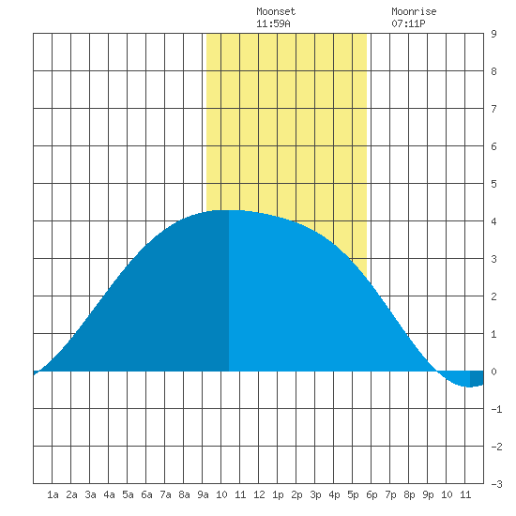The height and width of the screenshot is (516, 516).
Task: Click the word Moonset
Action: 276,11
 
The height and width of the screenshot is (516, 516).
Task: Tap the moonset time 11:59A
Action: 273,23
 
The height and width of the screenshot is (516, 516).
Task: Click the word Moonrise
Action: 414,11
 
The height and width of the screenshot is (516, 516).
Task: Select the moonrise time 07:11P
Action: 408,23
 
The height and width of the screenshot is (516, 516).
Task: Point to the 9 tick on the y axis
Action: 493,34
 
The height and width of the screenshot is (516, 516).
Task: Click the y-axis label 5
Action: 493,184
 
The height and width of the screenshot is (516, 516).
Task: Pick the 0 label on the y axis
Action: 493,372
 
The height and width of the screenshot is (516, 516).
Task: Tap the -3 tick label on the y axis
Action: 496,484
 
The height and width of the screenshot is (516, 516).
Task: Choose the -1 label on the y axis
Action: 496,409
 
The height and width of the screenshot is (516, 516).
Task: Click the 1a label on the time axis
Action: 53,494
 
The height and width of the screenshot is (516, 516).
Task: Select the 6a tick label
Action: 146,494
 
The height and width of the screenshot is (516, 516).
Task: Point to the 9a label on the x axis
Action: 203,494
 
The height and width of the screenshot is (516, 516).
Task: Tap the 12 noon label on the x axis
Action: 259,494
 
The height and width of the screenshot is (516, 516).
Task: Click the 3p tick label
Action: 315,494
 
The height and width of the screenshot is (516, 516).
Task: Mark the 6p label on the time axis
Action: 372,494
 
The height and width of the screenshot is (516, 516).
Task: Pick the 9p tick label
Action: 428,494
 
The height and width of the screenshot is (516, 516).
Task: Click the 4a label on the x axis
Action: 109,494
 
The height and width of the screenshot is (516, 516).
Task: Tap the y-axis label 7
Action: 493,109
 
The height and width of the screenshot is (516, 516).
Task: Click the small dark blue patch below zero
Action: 477,378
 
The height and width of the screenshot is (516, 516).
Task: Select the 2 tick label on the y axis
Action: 493,296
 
